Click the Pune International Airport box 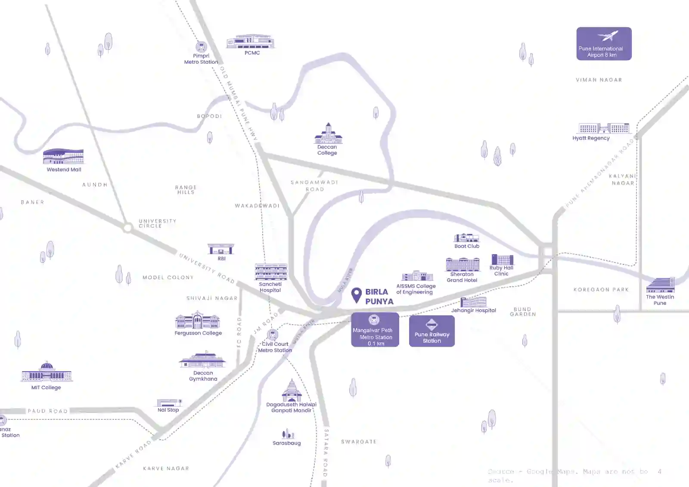tap(604, 43)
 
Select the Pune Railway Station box tap(431, 331)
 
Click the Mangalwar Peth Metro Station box tap(375, 330)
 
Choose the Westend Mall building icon tap(63, 157)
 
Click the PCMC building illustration tap(251, 42)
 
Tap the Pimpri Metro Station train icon tap(201, 47)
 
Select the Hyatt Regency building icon tap(604, 128)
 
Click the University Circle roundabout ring tap(127, 227)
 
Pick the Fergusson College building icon tap(198, 321)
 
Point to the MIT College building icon tap(47, 373)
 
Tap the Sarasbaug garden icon tap(287, 434)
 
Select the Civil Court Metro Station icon tap(272, 335)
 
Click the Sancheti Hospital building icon tap(271, 272)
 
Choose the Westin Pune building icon tap(660, 285)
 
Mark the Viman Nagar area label tap(599, 80)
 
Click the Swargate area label tap(359, 442)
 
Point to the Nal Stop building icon tap(169, 403)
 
